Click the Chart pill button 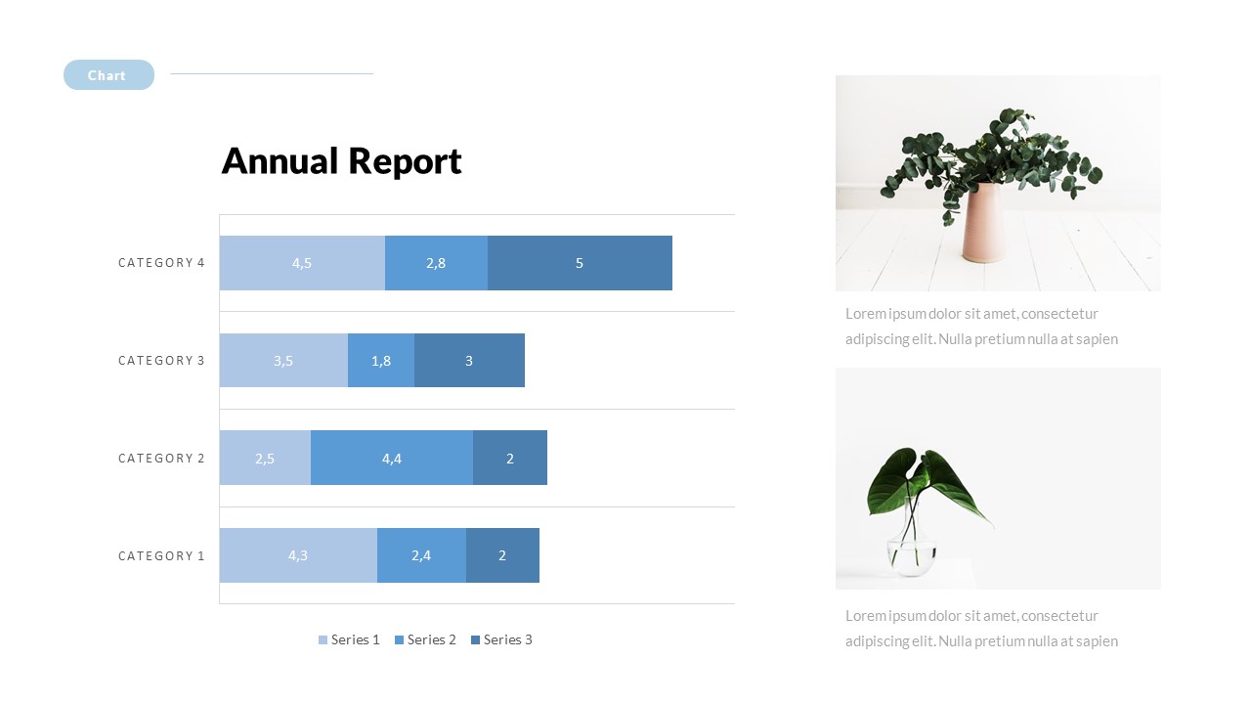click(108, 75)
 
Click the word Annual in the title click(280, 161)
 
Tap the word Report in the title click(406, 162)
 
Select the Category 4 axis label click(161, 263)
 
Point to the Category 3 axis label click(161, 361)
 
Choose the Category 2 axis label click(161, 459)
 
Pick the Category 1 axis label click(161, 556)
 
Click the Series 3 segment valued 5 click(580, 263)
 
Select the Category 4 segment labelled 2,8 click(436, 263)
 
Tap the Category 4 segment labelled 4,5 click(302, 263)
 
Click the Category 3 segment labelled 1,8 click(381, 361)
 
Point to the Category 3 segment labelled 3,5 click(283, 361)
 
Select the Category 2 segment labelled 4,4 click(392, 458)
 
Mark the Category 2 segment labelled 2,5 click(265, 458)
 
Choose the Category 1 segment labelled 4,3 click(298, 555)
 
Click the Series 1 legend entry click(349, 639)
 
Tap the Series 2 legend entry click(425, 639)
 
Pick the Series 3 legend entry click(501, 639)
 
